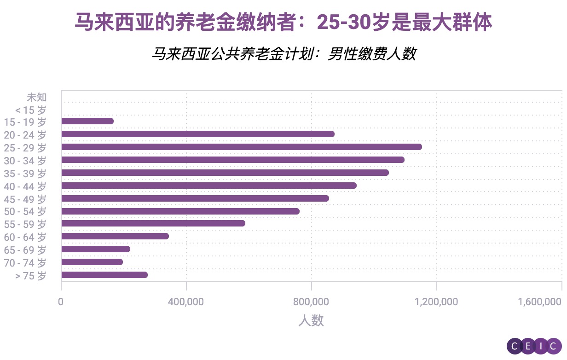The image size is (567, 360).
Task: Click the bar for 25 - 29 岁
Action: (241, 147)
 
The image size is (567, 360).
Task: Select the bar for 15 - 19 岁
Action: (87, 121)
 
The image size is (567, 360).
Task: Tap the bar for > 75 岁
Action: (104, 275)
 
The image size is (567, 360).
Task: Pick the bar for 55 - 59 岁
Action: (153, 223)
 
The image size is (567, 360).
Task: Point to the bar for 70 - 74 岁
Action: (92, 262)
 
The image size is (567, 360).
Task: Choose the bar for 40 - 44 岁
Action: (208, 186)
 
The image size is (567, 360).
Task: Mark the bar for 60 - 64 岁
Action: (115, 236)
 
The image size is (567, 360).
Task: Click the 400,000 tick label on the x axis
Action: (186, 302)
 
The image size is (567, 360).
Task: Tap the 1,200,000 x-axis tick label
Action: (436, 302)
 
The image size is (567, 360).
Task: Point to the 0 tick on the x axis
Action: (61, 302)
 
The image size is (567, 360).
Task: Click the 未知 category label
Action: (37, 97)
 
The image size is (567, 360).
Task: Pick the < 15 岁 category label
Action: (31, 110)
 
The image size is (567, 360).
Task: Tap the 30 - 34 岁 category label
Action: (25, 161)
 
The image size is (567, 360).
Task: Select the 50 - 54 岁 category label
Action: (25, 212)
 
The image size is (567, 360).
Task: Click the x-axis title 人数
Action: (311, 320)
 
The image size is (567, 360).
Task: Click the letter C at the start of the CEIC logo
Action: (515, 346)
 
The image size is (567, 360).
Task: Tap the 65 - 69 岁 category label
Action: (25, 250)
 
